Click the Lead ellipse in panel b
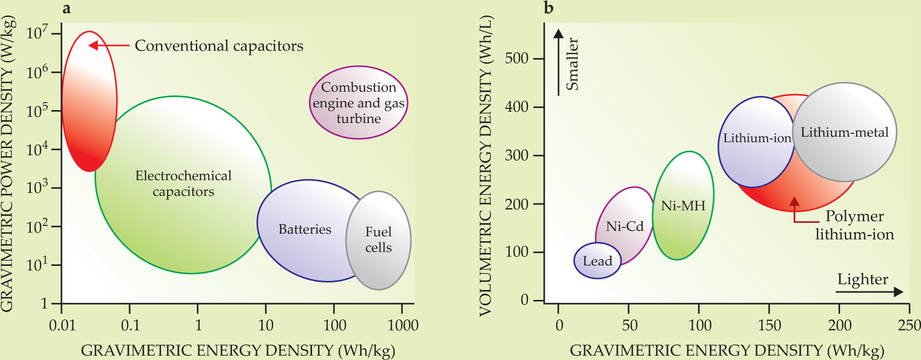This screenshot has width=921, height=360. pyautogui.click(x=597, y=261)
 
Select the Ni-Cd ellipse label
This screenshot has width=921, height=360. pyautogui.click(x=625, y=226)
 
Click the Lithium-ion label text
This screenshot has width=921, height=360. pyautogui.click(x=757, y=138)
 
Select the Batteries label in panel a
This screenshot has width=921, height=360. pyautogui.click(x=305, y=229)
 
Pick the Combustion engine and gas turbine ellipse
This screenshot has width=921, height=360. pyautogui.click(x=358, y=103)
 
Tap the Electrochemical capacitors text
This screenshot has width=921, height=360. pyautogui.click(x=183, y=184)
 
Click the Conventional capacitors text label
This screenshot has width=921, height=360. pyautogui.click(x=219, y=46)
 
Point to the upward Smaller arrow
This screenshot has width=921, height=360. pyautogui.click(x=558, y=61)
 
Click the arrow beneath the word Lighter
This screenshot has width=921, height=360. pyautogui.click(x=869, y=292)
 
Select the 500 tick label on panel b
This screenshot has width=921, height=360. pyautogui.click(x=516, y=59)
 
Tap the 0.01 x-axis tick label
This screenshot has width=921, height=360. pyautogui.click(x=62, y=325)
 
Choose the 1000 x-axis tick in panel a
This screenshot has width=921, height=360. pyautogui.click(x=403, y=325)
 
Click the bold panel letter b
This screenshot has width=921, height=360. pyautogui.click(x=549, y=8)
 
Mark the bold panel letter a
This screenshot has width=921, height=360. pyautogui.click(x=67, y=8)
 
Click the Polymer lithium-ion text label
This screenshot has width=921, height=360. pyautogui.click(x=854, y=225)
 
